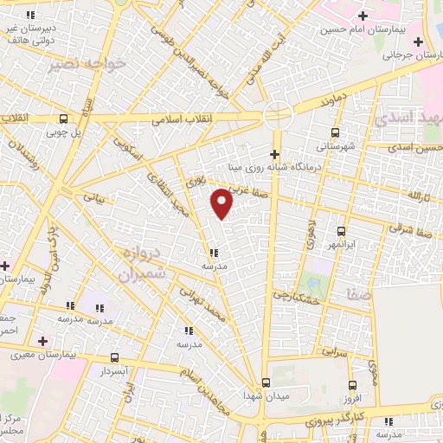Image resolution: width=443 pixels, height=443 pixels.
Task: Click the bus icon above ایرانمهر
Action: [x=342, y=231]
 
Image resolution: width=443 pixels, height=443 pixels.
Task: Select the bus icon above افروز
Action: [x=352, y=385]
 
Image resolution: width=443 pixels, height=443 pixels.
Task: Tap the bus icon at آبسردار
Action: [x=115, y=357]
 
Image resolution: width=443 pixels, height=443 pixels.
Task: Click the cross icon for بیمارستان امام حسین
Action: [x=363, y=16]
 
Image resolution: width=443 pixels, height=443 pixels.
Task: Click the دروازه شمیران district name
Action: [x=130, y=266]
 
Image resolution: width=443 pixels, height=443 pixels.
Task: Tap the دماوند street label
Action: [x=337, y=100]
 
